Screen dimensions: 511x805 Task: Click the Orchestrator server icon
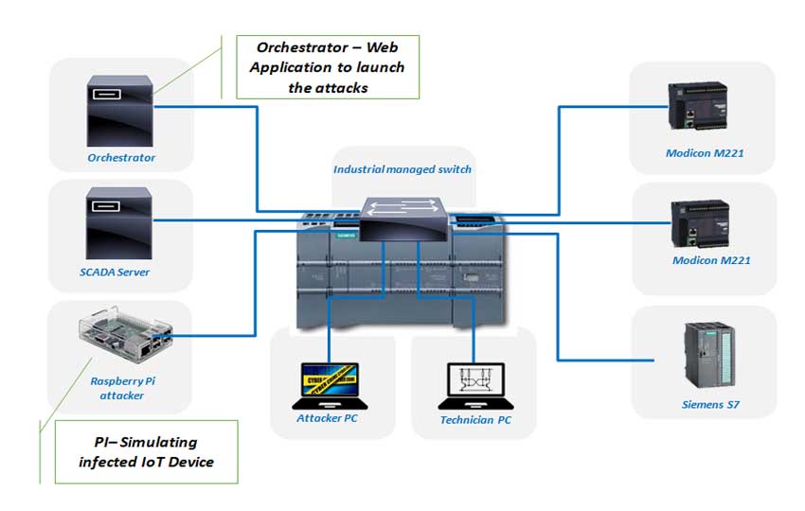119,109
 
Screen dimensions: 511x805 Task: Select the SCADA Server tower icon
119,223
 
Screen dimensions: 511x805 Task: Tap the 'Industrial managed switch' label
402,169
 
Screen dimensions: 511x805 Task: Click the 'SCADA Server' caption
115,273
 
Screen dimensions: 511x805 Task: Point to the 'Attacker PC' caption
327,418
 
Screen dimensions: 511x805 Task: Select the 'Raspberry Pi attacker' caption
117,388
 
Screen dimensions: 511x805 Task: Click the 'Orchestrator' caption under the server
121,158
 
